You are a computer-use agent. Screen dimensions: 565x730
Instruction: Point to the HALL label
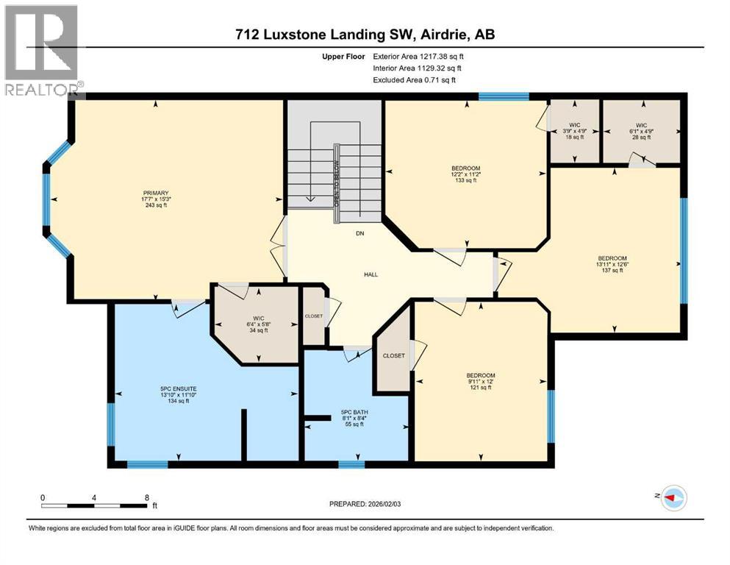point(371,274)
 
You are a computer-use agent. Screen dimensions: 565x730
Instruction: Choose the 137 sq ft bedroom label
point(612,264)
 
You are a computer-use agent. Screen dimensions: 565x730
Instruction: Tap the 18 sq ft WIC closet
point(575,131)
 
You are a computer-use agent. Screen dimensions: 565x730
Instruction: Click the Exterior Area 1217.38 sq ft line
point(419,56)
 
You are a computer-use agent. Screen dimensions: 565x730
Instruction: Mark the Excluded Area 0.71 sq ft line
point(414,79)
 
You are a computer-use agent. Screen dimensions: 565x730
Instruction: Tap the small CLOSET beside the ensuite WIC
point(314,316)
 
